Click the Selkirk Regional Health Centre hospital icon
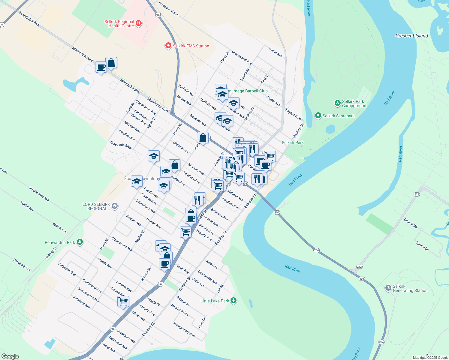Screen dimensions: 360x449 pyautogui.click(x=138, y=23)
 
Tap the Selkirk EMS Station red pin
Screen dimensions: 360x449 pyautogui.click(x=168, y=46)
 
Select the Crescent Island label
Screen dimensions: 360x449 pyautogui.click(x=411, y=36)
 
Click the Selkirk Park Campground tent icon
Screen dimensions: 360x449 pyautogui.click(x=337, y=103)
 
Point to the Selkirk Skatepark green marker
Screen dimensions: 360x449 pyautogui.click(x=318, y=115)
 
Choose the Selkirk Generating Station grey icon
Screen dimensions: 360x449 pyautogui.click(x=388, y=288)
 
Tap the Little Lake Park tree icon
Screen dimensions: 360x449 pyautogui.click(x=234, y=301)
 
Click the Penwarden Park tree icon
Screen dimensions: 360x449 pyautogui.click(x=80, y=242)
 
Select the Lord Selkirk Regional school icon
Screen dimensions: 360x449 pyautogui.click(x=115, y=206)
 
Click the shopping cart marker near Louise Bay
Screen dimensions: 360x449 pyautogui.click(x=123, y=301)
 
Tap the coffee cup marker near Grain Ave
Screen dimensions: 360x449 pyautogui.click(x=164, y=264)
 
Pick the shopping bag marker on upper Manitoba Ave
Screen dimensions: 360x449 pyautogui.click(x=111, y=63)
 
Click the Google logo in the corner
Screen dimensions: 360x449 pyautogui.click(x=10, y=356)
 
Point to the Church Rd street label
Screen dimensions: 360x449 pyautogui.click(x=410, y=223)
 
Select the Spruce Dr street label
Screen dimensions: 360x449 pyautogui.click(x=422, y=245)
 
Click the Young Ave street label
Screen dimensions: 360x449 pyautogui.click(x=275, y=52)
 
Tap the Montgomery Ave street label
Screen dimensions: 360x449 pyautogui.click(x=184, y=329)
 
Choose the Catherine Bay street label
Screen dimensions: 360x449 pyautogui.click(x=67, y=269)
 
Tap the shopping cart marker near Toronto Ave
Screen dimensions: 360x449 pyautogui.click(x=185, y=232)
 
